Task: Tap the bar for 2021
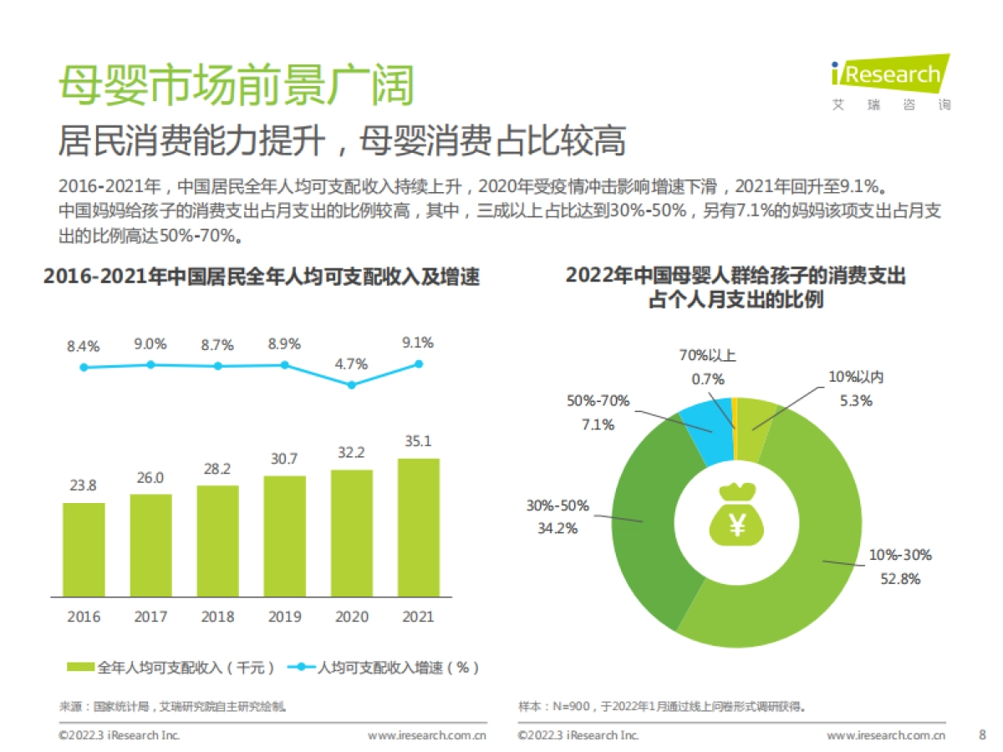pyautogui.click(x=418, y=527)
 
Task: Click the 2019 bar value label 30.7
pyautogui.click(x=284, y=460)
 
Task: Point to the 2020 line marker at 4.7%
pyautogui.click(x=352, y=385)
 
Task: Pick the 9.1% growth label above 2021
pyautogui.click(x=418, y=343)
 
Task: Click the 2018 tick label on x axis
pyautogui.click(x=217, y=617)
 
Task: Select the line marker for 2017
pyautogui.click(x=150, y=364)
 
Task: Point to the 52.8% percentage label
pyautogui.click(x=900, y=578)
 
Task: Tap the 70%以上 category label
pyautogui.click(x=707, y=355)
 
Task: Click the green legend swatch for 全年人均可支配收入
pyautogui.click(x=80, y=667)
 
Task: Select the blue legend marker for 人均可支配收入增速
pyautogui.click(x=302, y=667)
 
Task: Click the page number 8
pyautogui.click(x=981, y=735)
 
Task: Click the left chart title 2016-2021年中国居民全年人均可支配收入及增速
pyautogui.click(x=262, y=276)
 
